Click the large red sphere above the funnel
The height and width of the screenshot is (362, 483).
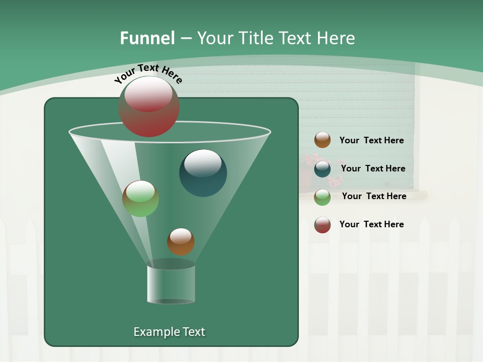(x=149, y=106)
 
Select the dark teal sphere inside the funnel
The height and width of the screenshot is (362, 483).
(x=203, y=172)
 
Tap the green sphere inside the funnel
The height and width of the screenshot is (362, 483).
(x=140, y=199)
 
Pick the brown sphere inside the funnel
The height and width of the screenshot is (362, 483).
(x=181, y=241)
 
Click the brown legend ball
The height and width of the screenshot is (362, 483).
(x=323, y=140)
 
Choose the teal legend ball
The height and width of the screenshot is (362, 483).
(x=323, y=169)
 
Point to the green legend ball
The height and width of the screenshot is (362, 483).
(x=323, y=197)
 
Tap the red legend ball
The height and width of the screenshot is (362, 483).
(x=323, y=225)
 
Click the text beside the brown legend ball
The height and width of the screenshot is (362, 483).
(x=371, y=140)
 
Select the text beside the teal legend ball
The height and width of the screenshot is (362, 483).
(x=373, y=168)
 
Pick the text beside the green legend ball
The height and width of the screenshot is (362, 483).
(x=374, y=196)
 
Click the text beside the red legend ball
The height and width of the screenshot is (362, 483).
(x=371, y=224)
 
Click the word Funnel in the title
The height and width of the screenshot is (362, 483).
(x=147, y=38)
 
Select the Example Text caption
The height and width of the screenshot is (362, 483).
(x=169, y=332)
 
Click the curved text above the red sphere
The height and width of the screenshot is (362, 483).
(x=148, y=72)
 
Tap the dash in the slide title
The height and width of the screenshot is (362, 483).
(x=185, y=38)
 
